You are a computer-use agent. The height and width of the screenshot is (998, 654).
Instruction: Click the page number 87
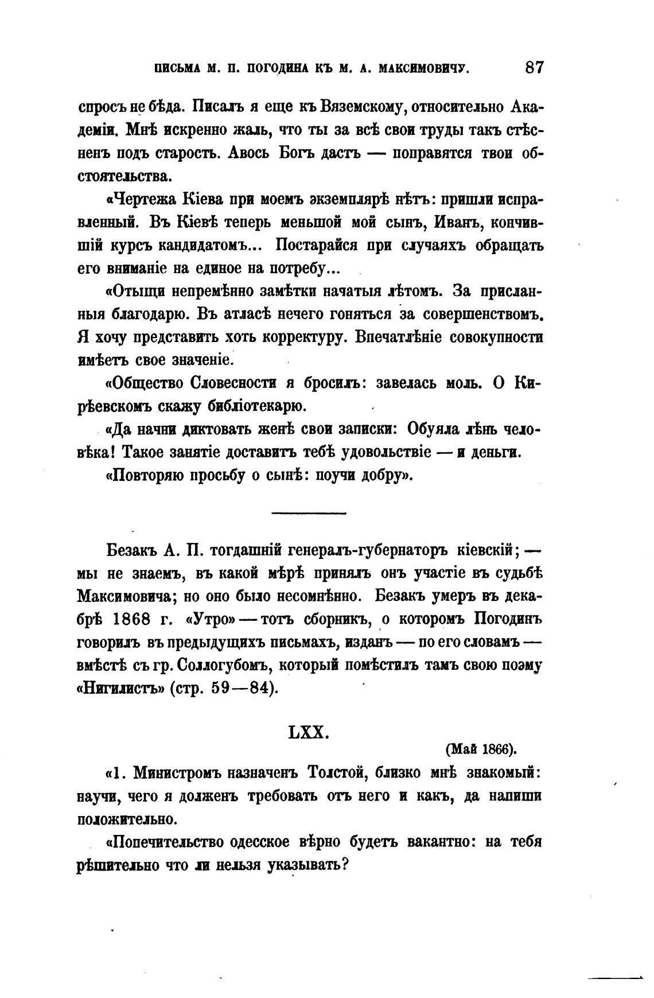[x=533, y=67]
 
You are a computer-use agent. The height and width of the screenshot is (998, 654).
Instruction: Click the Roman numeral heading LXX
[x=307, y=732]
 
